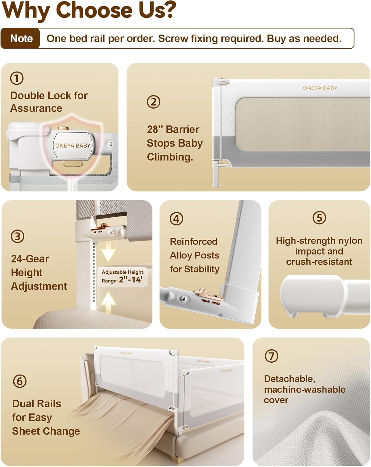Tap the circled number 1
(17, 78)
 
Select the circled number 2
(153, 102)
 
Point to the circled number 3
(17, 236)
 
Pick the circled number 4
(176, 219)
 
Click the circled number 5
(319, 217)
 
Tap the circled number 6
(20, 381)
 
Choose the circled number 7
(271, 356)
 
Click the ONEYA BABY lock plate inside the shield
(73, 145)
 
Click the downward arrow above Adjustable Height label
(108, 252)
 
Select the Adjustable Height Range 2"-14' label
(122, 276)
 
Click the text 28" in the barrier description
(155, 130)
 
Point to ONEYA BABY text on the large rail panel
(320, 88)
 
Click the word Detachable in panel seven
(289, 379)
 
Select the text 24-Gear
(30, 259)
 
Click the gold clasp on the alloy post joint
(204, 293)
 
